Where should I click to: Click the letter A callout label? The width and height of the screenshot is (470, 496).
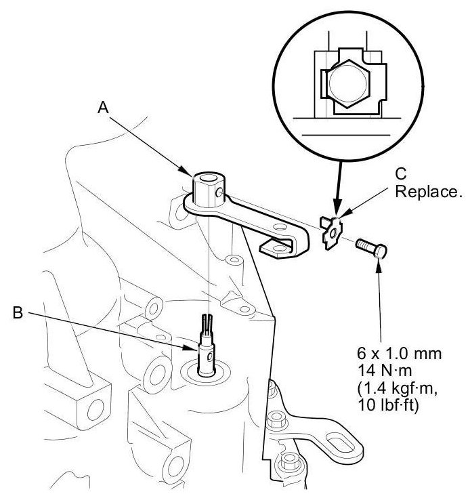pyautogui.click(x=103, y=108)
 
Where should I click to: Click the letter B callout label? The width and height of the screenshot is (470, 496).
pyautogui.click(x=18, y=312)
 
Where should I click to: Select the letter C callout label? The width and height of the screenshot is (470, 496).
pyautogui.click(x=401, y=173)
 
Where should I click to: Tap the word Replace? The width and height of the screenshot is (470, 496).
pyautogui.click(x=429, y=191)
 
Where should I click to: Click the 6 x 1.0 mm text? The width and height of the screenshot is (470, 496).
pyautogui.click(x=399, y=353)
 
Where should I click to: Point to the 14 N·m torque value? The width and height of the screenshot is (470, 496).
pyautogui.click(x=385, y=371)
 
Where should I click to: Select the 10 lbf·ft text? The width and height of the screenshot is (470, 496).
pyautogui.click(x=388, y=405)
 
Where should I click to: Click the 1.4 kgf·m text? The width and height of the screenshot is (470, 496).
pyautogui.click(x=398, y=388)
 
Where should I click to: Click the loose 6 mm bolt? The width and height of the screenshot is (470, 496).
pyautogui.click(x=371, y=248)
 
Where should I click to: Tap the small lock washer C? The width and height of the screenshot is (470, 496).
pyautogui.click(x=330, y=232)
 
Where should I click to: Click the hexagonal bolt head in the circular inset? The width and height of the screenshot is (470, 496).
pyautogui.click(x=347, y=83)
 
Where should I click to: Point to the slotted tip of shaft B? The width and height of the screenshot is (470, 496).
pyautogui.click(x=207, y=323)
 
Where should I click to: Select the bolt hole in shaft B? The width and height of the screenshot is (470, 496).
pyautogui.click(x=210, y=357)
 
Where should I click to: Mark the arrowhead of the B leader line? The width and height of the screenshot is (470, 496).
pyautogui.click(x=192, y=348)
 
